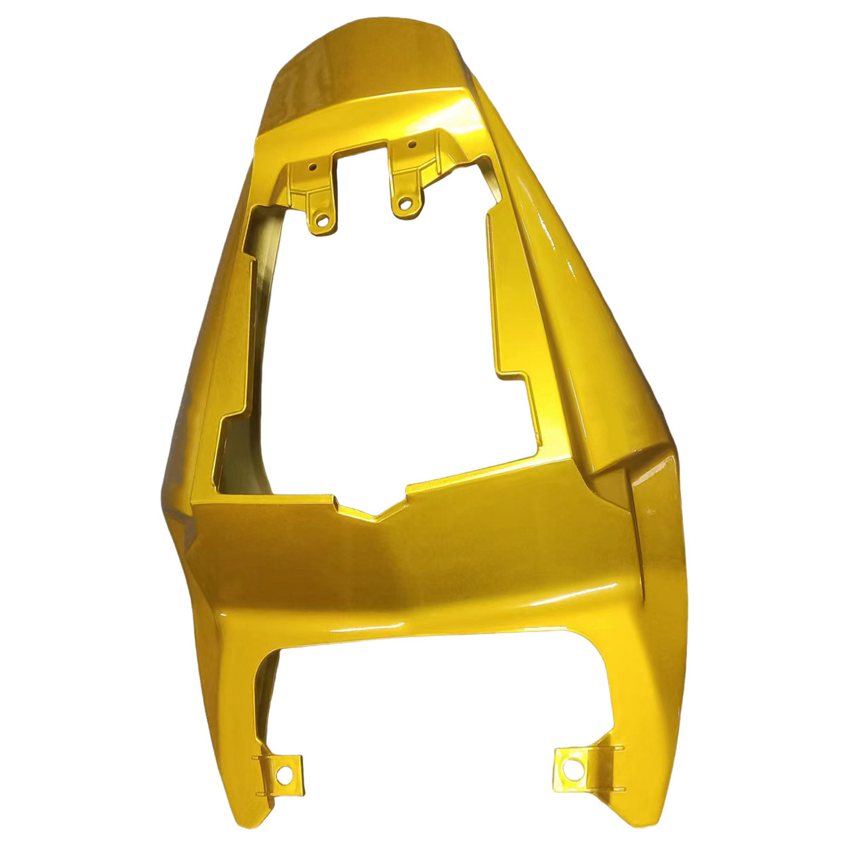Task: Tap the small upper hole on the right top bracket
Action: (x=411, y=144)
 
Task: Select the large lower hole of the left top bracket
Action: (x=323, y=217)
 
